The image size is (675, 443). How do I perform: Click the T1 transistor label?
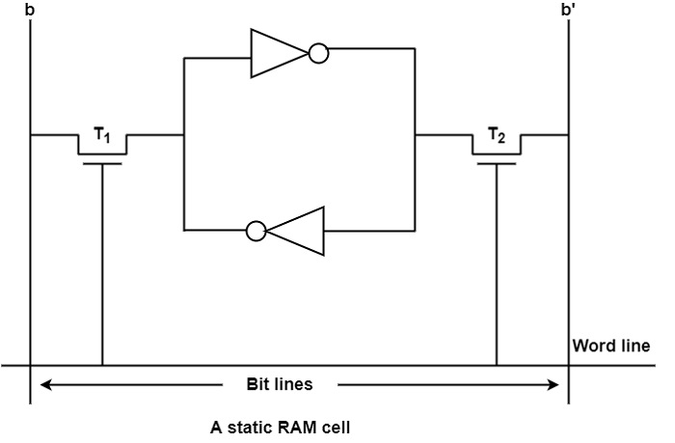click(102, 138)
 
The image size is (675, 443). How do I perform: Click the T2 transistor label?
click(496, 136)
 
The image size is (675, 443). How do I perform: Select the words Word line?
click(611, 346)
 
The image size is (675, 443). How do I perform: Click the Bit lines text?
click(280, 384)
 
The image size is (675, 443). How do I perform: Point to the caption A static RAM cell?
click(280, 426)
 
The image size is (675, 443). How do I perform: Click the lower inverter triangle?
click(296, 231)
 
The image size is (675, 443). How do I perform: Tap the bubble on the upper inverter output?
click(319, 54)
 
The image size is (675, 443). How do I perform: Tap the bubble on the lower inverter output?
click(256, 231)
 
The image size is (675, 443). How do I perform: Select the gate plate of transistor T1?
click(102, 163)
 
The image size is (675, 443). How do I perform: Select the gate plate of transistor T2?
click(496, 163)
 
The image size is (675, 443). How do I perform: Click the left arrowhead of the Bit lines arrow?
click(44, 384)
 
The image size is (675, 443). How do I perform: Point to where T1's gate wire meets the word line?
click(102, 366)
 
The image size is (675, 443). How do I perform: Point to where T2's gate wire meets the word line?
click(496, 366)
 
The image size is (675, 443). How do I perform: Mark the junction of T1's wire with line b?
click(31, 135)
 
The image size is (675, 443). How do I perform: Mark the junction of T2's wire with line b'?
click(569, 135)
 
